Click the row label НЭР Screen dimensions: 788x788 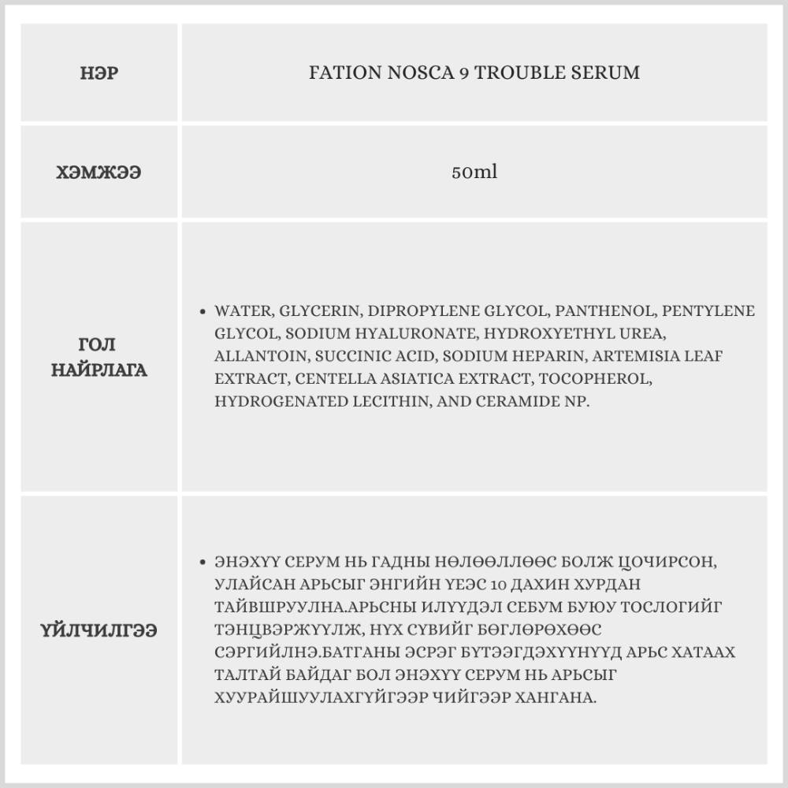click(x=99, y=73)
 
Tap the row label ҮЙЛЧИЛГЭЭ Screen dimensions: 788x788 click(x=99, y=630)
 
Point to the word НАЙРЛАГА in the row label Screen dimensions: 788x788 click(x=99, y=370)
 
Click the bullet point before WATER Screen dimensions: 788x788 click(x=204, y=311)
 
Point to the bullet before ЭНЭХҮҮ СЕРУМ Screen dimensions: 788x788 click(x=204, y=563)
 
